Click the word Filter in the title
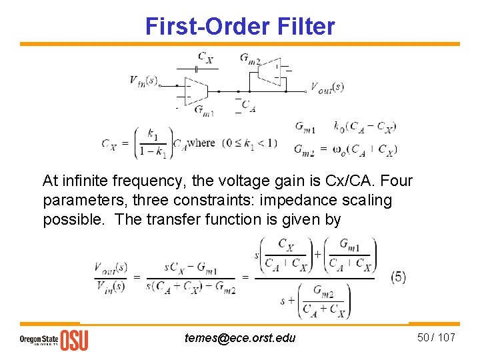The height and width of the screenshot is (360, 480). pyautogui.click(x=305, y=26)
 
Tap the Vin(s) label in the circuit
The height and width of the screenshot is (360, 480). pyautogui.click(x=143, y=80)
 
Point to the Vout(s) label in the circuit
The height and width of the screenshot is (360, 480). pyautogui.click(x=327, y=87)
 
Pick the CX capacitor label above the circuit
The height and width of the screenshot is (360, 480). pyautogui.click(x=205, y=57)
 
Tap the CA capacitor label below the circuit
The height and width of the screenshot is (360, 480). pyautogui.click(x=248, y=105)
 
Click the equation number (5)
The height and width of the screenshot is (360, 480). pyautogui.click(x=398, y=277)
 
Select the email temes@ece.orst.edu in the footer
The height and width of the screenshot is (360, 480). pyautogui.click(x=240, y=338)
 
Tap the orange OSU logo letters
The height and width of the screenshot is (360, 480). pyautogui.click(x=74, y=340)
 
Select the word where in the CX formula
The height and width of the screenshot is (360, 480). pyautogui.click(x=201, y=143)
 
